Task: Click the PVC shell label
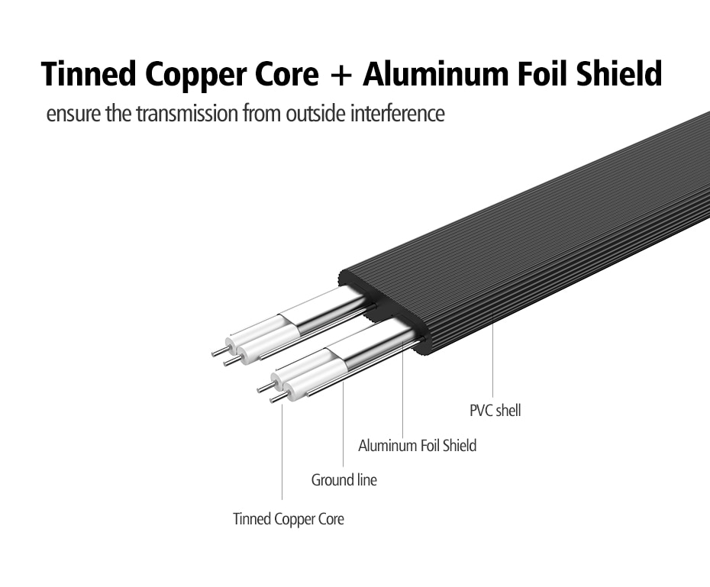pyautogui.click(x=495, y=411)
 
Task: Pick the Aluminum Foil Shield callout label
pyautogui.click(x=417, y=446)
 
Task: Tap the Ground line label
pyautogui.click(x=344, y=480)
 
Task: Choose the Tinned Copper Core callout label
pyautogui.click(x=288, y=520)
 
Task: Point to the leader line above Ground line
pyautogui.click(x=344, y=427)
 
